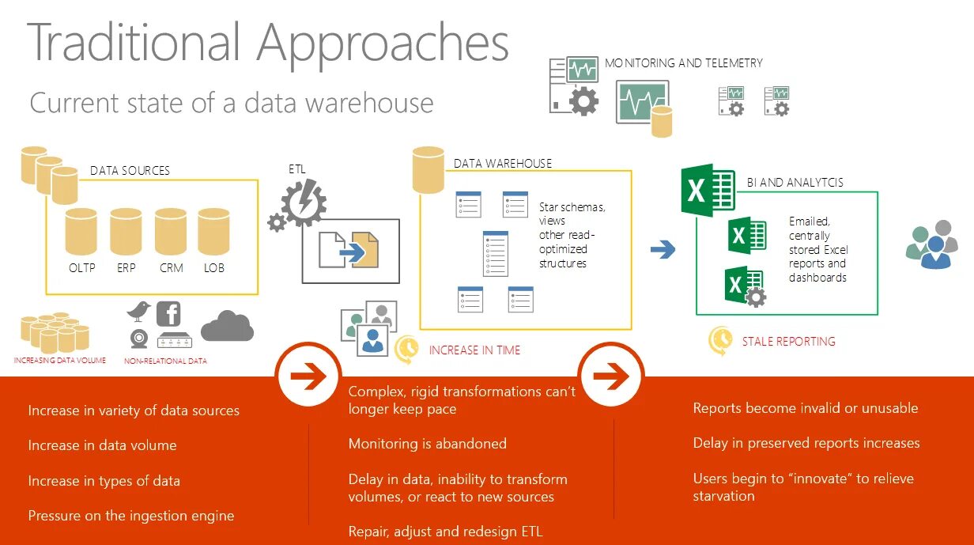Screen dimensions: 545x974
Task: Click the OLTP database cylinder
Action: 81,231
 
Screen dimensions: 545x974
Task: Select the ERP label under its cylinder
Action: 126,268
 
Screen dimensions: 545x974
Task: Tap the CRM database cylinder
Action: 171,231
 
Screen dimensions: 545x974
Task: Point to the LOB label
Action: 213,268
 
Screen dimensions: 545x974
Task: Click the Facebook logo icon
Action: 168,313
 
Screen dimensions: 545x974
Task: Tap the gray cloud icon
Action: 227,326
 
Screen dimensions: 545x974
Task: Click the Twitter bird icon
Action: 138,311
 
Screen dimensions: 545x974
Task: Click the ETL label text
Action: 297,168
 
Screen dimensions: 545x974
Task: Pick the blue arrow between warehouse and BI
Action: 663,251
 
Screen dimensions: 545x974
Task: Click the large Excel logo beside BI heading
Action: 708,190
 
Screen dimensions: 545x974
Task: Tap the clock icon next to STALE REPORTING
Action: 719,340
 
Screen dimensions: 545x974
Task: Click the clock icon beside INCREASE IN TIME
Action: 406,349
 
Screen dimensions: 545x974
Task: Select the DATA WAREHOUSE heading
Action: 503,164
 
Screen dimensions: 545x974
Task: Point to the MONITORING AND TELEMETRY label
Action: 683,62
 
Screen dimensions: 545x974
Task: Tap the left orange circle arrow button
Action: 308,377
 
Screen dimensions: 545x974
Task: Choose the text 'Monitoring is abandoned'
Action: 427,444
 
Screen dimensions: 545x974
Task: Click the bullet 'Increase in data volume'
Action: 102,445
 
